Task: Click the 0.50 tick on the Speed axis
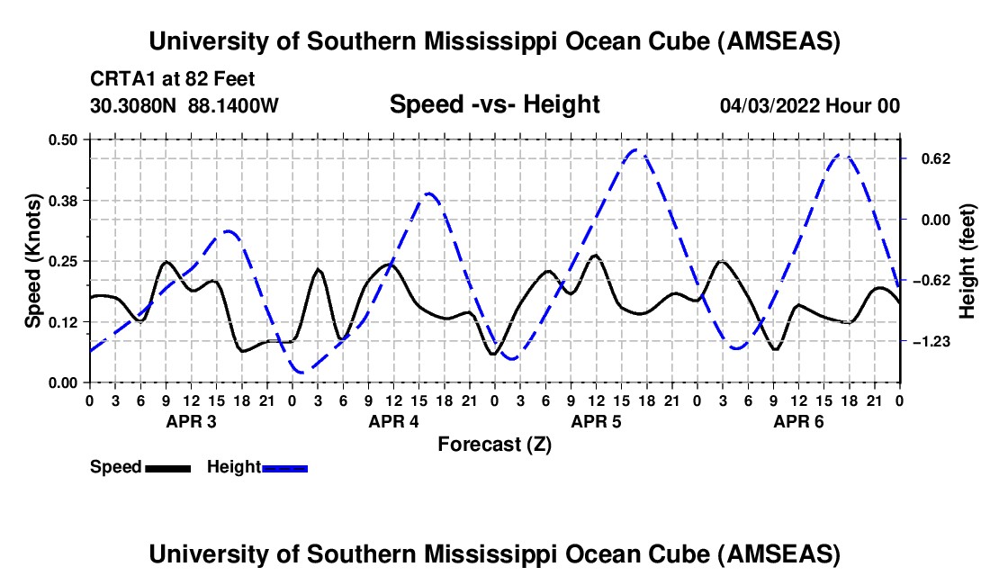pos(65,139)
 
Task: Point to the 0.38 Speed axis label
pos(65,200)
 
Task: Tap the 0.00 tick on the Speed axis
pos(65,382)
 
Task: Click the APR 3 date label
pos(191,421)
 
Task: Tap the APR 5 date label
pos(596,421)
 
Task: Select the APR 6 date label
pos(798,421)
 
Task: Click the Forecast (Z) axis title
pos(494,444)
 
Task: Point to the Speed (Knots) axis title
pos(32,260)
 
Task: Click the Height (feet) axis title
pos(967,260)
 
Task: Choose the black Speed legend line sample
pos(167,468)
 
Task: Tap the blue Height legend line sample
pos(284,468)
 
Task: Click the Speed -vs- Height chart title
pos(494,104)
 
